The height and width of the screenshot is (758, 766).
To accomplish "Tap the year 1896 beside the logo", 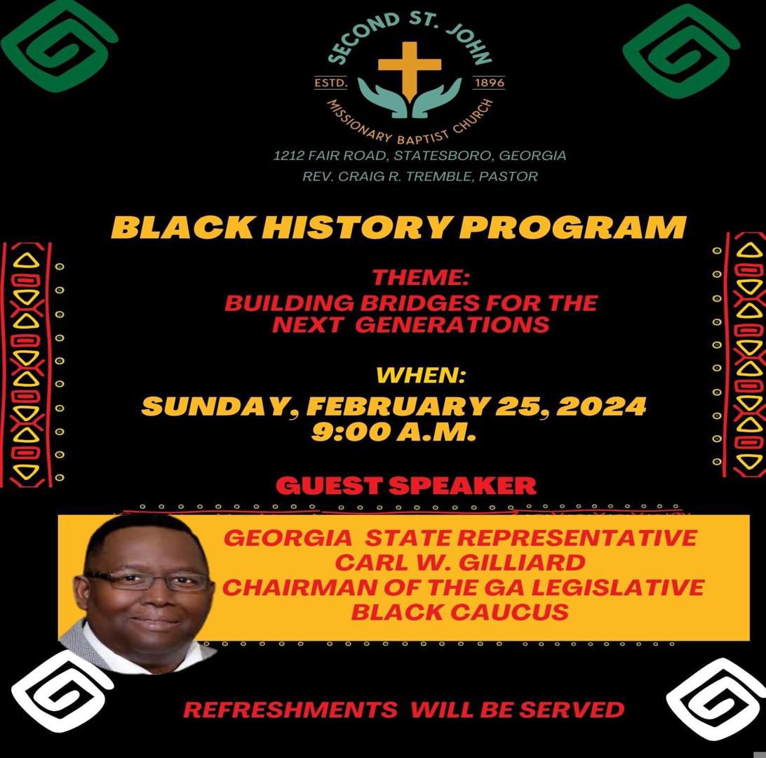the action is click(490, 83).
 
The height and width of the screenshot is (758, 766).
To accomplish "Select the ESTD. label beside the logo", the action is click(330, 83).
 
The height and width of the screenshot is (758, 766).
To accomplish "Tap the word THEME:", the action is click(421, 278).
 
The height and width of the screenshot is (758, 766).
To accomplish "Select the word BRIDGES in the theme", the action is click(419, 303).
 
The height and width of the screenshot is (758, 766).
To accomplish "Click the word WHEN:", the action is click(421, 375).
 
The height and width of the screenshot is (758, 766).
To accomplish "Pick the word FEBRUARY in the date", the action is click(398, 406).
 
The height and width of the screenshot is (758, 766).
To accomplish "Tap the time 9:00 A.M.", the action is click(394, 432).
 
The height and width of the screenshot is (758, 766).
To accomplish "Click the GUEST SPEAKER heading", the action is click(406, 486).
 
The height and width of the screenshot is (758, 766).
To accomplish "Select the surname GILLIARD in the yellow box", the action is click(522, 562).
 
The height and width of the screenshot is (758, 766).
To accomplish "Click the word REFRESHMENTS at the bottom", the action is click(290, 710).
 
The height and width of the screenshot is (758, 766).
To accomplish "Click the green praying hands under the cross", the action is click(410, 98).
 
